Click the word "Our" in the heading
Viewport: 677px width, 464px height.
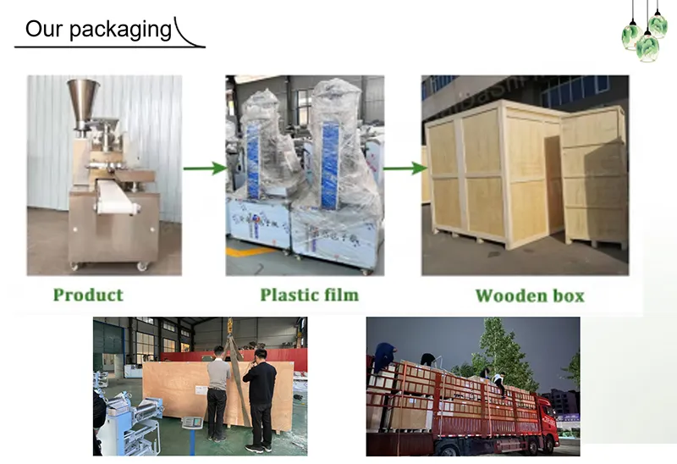click(43, 29)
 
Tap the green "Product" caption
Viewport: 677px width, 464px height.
click(88, 295)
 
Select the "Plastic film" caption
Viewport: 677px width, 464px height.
click(309, 295)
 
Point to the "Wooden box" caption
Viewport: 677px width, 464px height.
click(529, 296)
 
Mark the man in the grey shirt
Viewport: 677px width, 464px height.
click(217, 389)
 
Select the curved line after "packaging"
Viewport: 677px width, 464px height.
click(191, 34)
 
